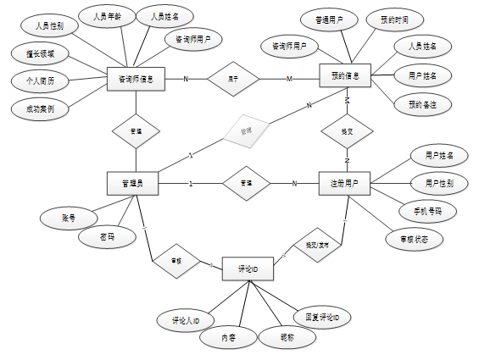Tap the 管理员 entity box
(x=134, y=183)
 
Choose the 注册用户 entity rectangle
(x=345, y=183)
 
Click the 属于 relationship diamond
(x=233, y=79)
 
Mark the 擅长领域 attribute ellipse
(x=40, y=54)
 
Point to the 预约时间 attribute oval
(x=388, y=19)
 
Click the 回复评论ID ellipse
(x=323, y=318)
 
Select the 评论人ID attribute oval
(x=181, y=321)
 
